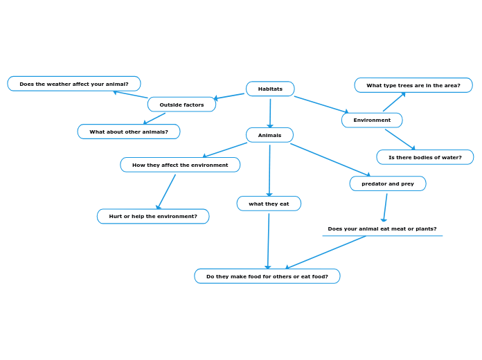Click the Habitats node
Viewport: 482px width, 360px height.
(x=270, y=89)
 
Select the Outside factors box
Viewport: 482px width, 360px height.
(x=181, y=105)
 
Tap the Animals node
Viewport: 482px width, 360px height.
(x=269, y=135)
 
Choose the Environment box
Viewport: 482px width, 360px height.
(x=372, y=120)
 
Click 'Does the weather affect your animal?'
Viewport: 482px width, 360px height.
(x=74, y=84)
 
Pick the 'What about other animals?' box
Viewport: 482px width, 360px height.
(x=129, y=132)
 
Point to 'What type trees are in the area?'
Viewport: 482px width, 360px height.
(x=413, y=85)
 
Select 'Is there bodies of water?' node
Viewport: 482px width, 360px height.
(x=425, y=157)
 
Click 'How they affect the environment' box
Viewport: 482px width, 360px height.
(x=180, y=165)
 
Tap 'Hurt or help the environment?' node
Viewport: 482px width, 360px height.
(x=153, y=216)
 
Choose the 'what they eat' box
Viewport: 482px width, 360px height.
(x=269, y=204)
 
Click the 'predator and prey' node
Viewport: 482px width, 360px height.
(x=388, y=183)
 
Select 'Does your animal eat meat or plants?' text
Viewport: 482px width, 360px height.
(x=382, y=228)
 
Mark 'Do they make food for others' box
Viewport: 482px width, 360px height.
(x=267, y=276)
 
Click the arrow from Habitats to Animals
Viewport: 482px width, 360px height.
(x=270, y=112)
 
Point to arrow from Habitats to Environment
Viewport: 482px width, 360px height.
(x=321, y=104)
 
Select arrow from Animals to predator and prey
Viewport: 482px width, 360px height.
(x=330, y=159)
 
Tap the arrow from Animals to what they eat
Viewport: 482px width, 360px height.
(x=269, y=170)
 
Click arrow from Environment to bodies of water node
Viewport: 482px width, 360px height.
(x=400, y=138)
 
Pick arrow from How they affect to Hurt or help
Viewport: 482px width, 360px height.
(x=166, y=192)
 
